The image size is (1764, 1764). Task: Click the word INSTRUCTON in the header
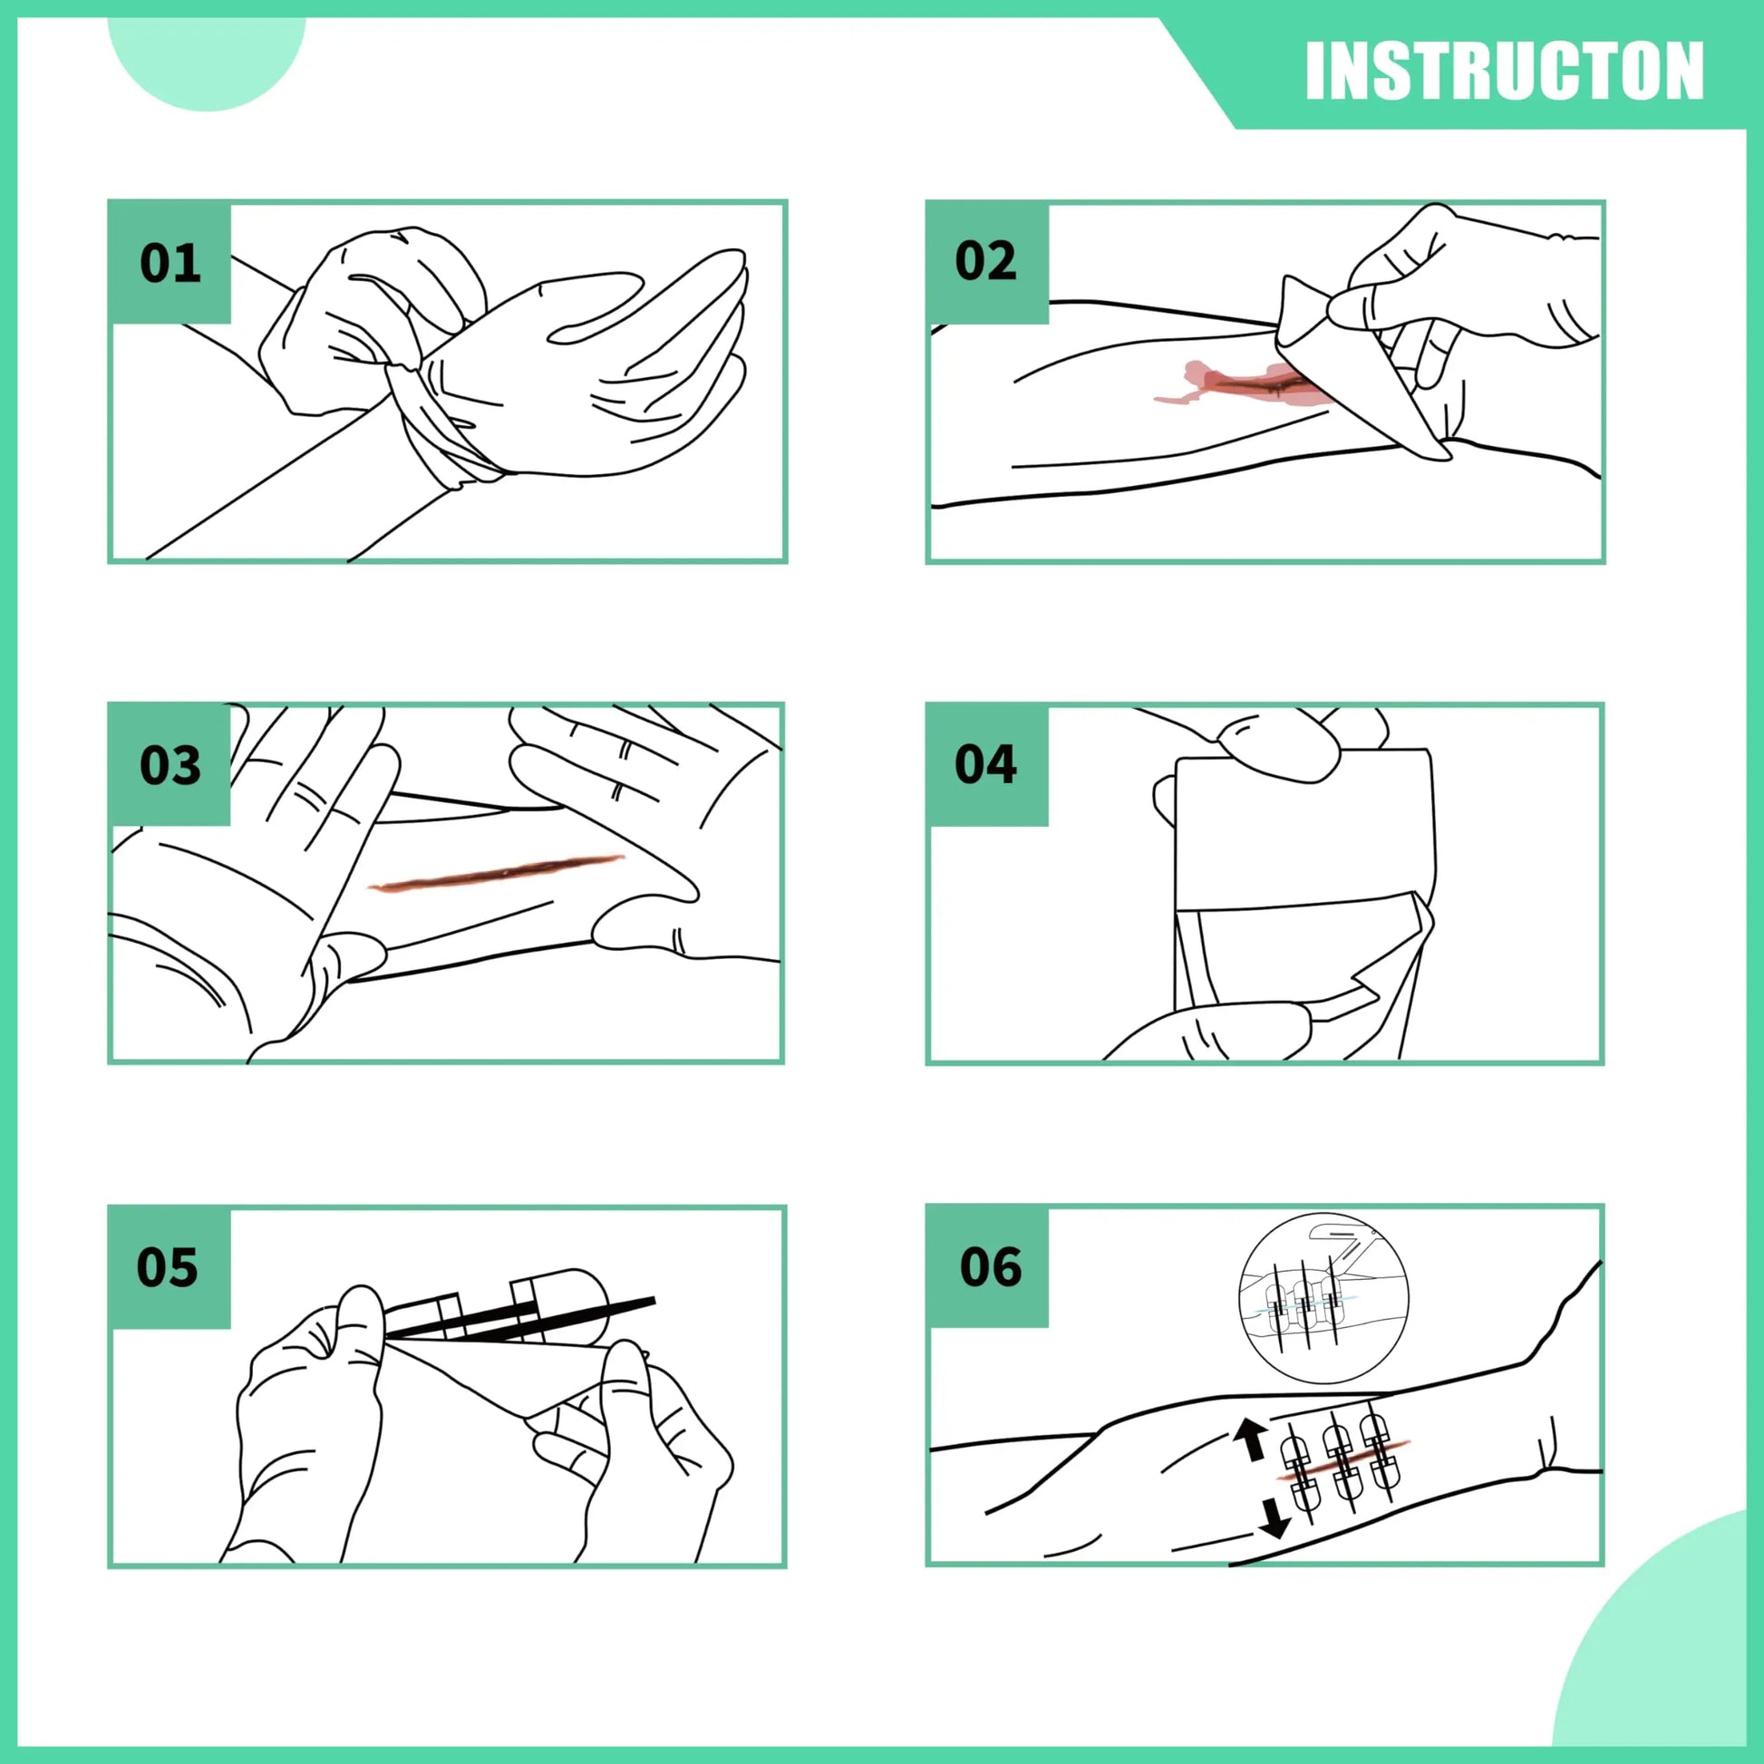click(x=1504, y=71)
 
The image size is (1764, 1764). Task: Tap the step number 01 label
click(x=170, y=263)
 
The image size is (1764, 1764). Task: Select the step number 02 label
click(x=985, y=261)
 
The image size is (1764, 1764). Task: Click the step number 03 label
click(x=170, y=765)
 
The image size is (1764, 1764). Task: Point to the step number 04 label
click(x=985, y=764)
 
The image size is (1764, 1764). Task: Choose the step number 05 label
click(x=167, y=1267)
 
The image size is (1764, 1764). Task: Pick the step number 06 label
click(x=990, y=1267)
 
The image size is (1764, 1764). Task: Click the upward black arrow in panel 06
click(x=1248, y=1438)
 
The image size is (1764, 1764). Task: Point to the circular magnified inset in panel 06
click(x=1323, y=1295)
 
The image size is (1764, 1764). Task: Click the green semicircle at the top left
click(x=207, y=54)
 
